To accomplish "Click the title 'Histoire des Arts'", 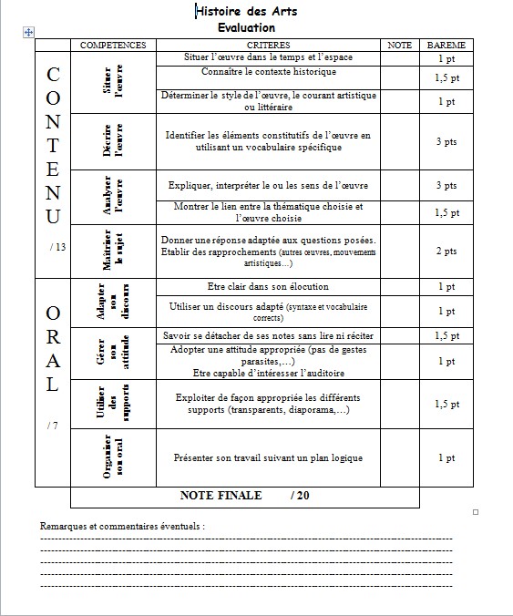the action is click(x=246, y=11).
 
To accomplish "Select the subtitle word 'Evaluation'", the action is click(x=246, y=27).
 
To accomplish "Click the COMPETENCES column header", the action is click(x=113, y=45).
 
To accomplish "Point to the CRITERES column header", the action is click(x=268, y=45).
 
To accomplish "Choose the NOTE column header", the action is click(x=399, y=45).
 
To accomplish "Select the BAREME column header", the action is click(x=446, y=45).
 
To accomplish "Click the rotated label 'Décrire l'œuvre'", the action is click(x=113, y=142).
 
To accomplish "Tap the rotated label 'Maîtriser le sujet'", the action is click(x=113, y=252).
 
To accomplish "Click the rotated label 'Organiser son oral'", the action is click(x=113, y=457).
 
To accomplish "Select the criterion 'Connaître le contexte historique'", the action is click(x=268, y=71).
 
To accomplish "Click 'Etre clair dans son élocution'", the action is click(x=268, y=286).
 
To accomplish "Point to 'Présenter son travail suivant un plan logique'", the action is click(x=268, y=457).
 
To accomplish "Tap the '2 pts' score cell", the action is click(x=446, y=252).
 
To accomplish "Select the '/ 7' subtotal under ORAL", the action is click(x=54, y=425).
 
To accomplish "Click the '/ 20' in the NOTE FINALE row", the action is click(x=300, y=496).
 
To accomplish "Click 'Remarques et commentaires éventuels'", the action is click(x=122, y=526).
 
